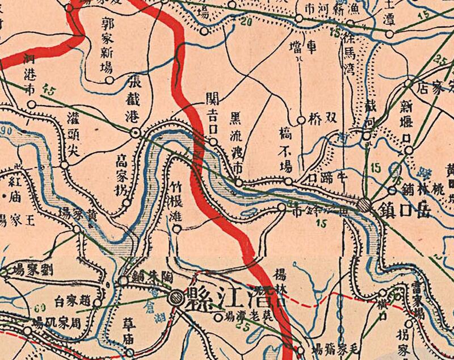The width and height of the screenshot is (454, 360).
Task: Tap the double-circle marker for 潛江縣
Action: tap(176, 296)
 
